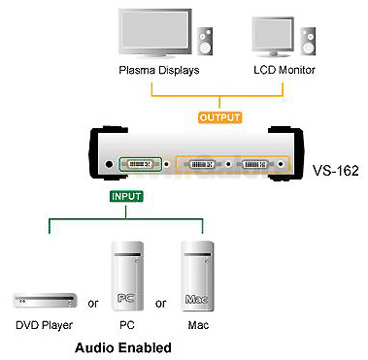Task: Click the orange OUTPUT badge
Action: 219,117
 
